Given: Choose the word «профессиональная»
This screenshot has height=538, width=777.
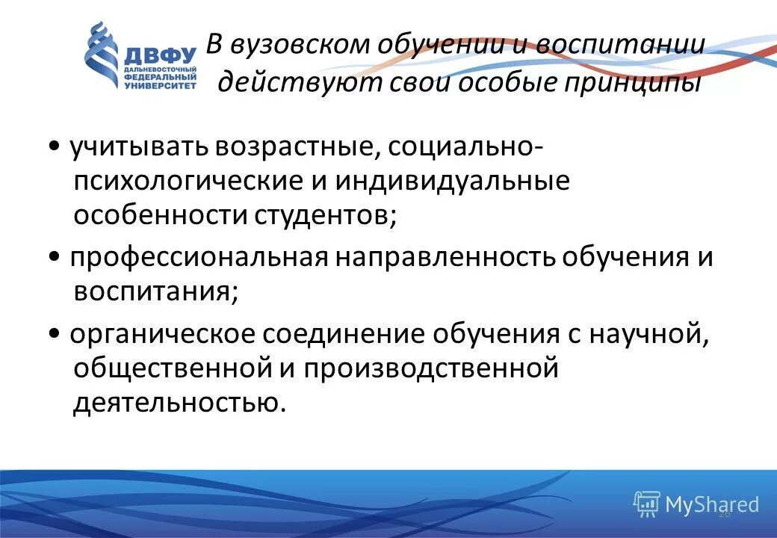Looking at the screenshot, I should [199, 257].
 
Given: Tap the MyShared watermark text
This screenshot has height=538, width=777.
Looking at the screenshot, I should [711, 504].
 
